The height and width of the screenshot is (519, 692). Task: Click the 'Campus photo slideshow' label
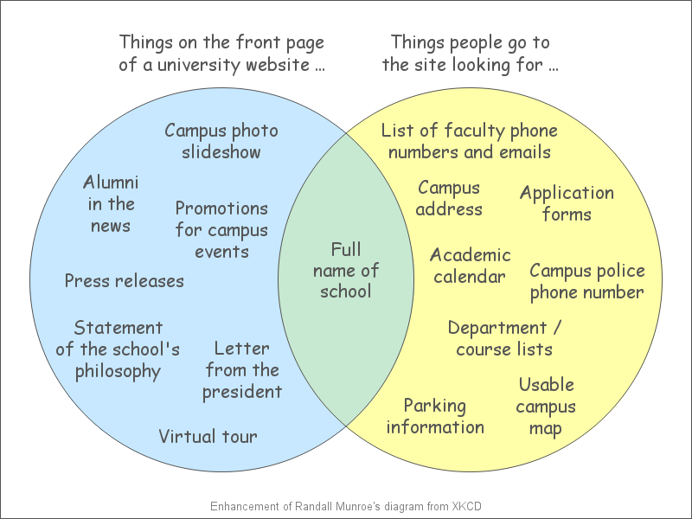[221, 141]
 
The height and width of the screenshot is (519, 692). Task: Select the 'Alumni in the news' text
[111, 203]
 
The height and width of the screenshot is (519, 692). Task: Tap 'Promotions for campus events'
[221, 230]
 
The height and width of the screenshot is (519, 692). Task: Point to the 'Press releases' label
[124, 280]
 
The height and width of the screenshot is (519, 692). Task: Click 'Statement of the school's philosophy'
[118, 349]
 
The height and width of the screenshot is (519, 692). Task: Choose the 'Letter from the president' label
[242, 370]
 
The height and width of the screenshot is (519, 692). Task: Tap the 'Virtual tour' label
[208, 437]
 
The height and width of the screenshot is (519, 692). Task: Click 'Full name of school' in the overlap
[346, 270]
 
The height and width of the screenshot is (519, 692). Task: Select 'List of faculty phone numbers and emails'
[469, 141]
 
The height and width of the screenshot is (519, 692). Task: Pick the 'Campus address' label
[449, 198]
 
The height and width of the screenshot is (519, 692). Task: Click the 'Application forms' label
[567, 203]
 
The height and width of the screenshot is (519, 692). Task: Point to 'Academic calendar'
[470, 266]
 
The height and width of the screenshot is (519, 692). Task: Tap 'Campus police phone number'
[587, 282]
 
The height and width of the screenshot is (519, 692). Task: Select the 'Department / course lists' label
[504, 338]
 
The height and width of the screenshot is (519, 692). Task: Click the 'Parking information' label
[435, 417]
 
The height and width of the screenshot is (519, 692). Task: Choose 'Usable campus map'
[546, 407]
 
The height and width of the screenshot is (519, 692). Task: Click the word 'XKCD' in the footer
[466, 506]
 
